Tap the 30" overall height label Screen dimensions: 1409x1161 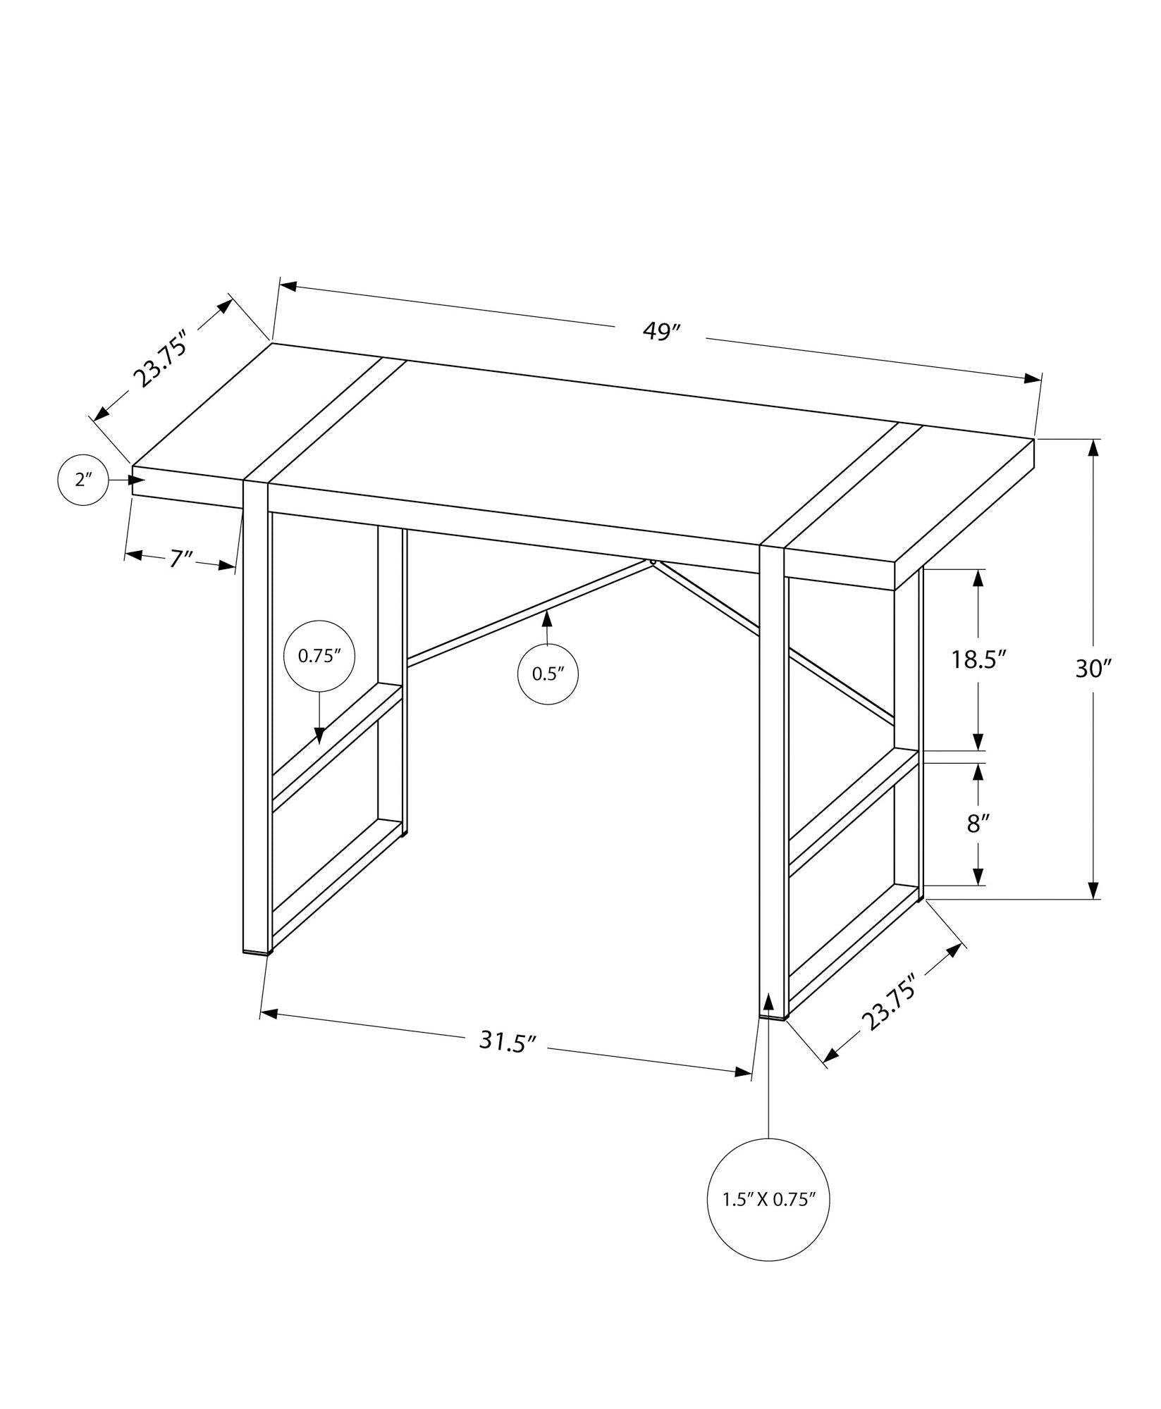[x=1093, y=669]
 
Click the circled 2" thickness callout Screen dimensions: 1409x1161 [x=83, y=480]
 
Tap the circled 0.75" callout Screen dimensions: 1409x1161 [x=319, y=656]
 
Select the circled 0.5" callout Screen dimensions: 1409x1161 [x=548, y=674]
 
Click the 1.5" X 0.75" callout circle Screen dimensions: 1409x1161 [x=768, y=1200]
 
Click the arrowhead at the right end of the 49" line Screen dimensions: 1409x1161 [x=1033, y=379]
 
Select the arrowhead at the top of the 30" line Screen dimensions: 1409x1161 [x=1093, y=448]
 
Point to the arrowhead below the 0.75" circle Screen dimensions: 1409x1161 [x=319, y=735]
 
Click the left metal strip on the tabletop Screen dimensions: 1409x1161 [x=326, y=420]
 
